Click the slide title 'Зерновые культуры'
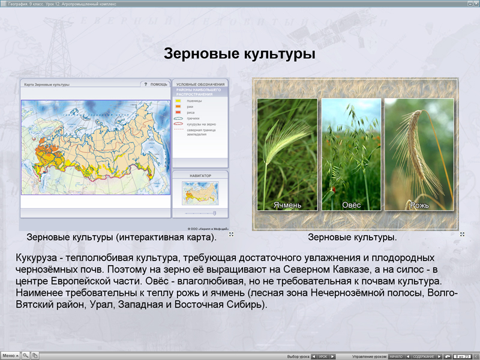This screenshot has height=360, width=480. pyautogui.click(x=240, y=55)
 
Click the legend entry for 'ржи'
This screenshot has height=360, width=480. pyautogui.click(x=190, y=106)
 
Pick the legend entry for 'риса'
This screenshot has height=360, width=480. pyautogui.click(x=191, y=112)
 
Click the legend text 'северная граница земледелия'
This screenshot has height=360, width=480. pyautogui.click(x=201, y=131)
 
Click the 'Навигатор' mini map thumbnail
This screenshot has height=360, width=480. pyautogui.click(x=200, y=193)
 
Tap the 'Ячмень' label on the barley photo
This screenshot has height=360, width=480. pyautogui.click(x=287, y=205)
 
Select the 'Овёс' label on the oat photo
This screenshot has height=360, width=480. pyautogui.click(x=352, y=205)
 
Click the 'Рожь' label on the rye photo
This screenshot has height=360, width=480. pyautogui.click(x=419, y=205)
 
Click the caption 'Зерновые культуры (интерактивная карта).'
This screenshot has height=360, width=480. pyautogui.click(x=122, y=237)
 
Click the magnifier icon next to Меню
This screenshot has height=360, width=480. pyautogui.click(x=26, y=356)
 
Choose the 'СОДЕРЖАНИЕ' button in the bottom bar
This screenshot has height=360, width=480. pyautogui.click(x=424, y=356)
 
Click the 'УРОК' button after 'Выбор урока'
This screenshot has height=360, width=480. pyautogui.click(x=323, y=356)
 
